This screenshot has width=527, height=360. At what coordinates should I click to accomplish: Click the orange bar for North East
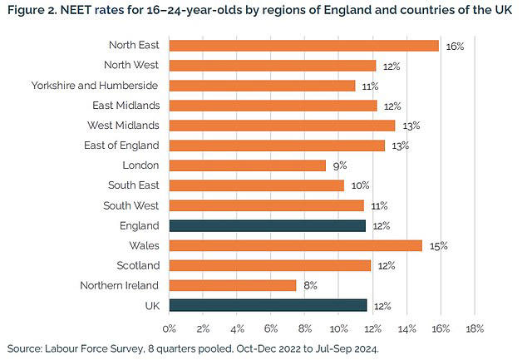click(303, 46)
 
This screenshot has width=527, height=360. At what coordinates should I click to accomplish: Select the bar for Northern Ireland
click(233, 285)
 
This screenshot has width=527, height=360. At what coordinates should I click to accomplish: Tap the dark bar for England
click(268, 225)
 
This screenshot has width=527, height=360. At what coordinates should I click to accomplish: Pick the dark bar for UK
click(268, 305)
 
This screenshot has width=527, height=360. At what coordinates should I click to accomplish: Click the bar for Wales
click(296, 245)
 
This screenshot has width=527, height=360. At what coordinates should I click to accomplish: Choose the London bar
click(248, 165)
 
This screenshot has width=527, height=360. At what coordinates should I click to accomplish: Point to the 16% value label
click(455, 47)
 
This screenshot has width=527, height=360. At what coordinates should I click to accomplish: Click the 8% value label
click(310, 286)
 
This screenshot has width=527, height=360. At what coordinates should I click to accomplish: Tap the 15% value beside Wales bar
click(438, 246)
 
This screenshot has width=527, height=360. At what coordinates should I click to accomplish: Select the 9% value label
click(339, 166)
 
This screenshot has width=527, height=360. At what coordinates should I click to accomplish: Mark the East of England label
click(122, 145)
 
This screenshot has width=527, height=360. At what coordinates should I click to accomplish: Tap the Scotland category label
click(137, 265)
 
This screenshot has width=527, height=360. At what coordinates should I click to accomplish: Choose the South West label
click(132, 205)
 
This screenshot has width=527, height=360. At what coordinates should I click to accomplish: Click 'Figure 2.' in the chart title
click(31, 11)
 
